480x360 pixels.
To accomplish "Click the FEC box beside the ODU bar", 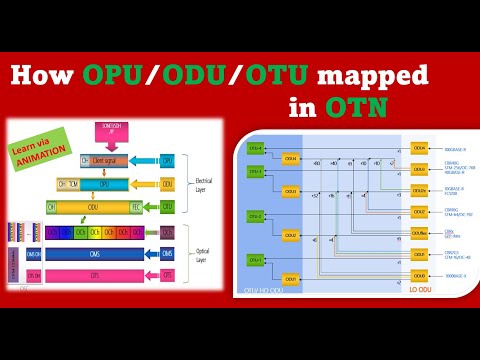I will (138, 207).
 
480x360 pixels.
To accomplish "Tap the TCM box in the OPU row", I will (81, 184).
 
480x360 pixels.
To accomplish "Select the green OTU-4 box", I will (256, 148).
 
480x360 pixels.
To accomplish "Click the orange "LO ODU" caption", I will (420, 291).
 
